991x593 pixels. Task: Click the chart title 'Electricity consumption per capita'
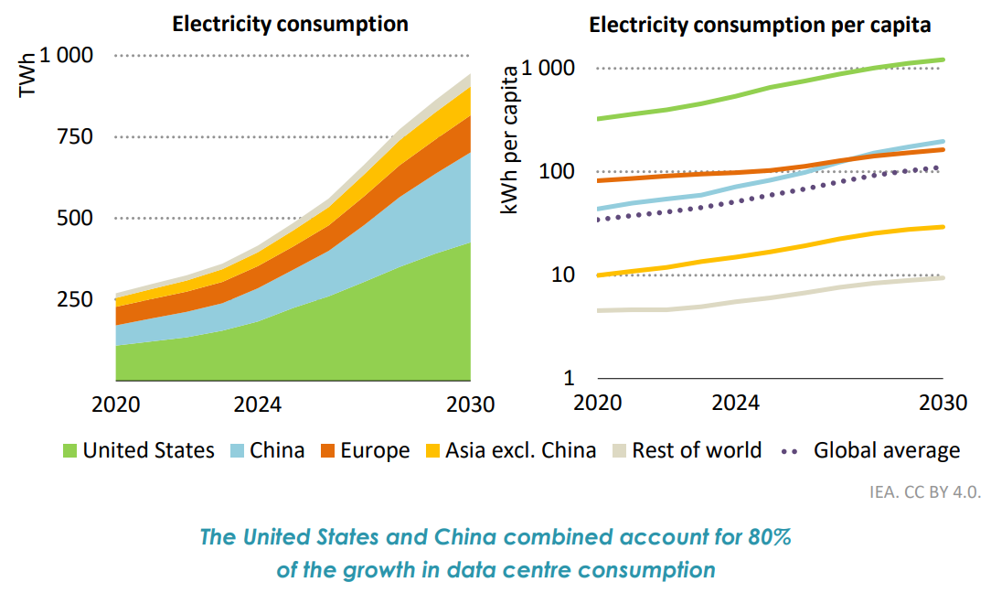(x=760, y=25)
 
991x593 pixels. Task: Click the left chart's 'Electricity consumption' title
(x=291, y=24)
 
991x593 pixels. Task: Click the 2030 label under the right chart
(x=942, y=403)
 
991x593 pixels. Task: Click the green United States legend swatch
(x=69, y=450)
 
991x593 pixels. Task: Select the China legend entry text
(x=277, y=450)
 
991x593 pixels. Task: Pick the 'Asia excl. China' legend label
(x=520, y=450)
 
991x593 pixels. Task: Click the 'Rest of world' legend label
(x=697, y=450)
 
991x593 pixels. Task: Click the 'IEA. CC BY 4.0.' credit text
(x=924, y=491)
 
